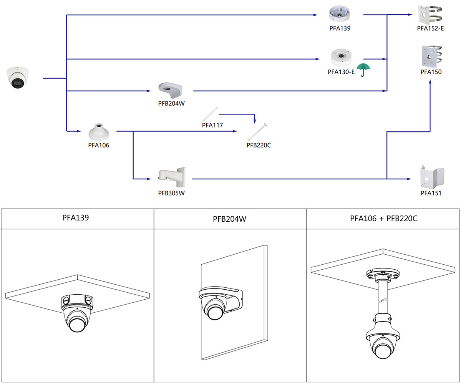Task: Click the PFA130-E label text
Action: click(x=341, y=72)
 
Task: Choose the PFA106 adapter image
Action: click(x=98, y=132)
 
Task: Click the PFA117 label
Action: click(x=212, y=125)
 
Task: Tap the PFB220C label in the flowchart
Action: click(x=259, y=145)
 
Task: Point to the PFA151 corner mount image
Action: click(x=432, y=177)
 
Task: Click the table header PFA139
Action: click(x=76, y=218)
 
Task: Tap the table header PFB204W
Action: click(x=230, y=219)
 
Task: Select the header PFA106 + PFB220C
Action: click(x=383, y=219)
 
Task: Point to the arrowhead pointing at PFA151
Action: click(x=410, y=179)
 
